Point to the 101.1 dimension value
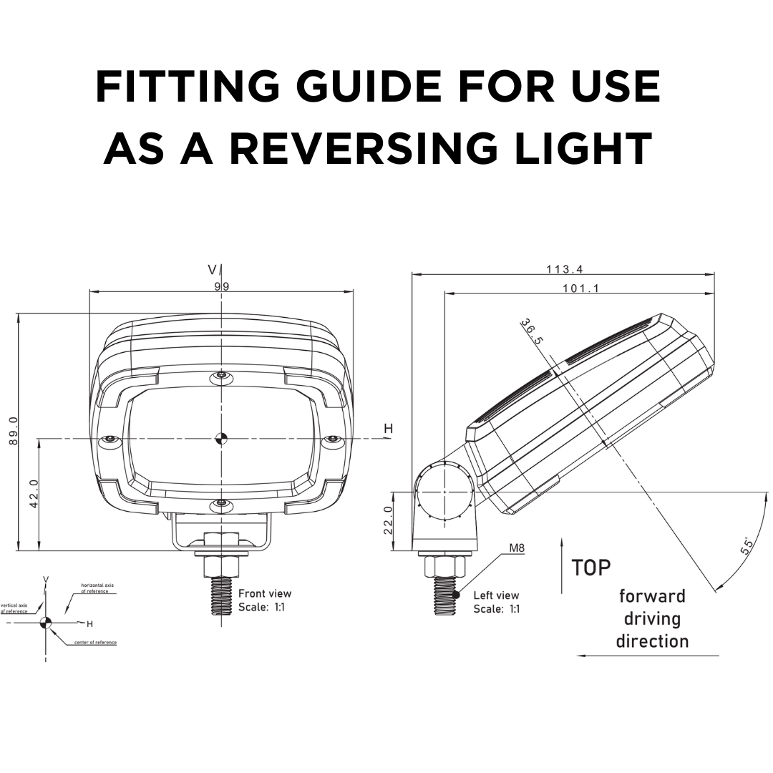click(x=581, y=288)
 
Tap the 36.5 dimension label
click(x=532, y=332)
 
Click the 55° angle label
click(x=745, y=546)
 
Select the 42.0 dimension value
click(x=33, y=495)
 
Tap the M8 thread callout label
click(x=517, y=548)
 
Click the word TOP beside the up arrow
click(x=591, y=568)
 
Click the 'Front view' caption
click(x=265, y=593)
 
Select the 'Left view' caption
click(x=496, y=595)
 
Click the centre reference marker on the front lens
click(x=222, y=438)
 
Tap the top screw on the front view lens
click(x=222, y=376)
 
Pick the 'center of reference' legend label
click(x=95, y=642)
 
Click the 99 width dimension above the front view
click(x=222, y=286)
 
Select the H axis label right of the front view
click(x=389, y=429)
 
